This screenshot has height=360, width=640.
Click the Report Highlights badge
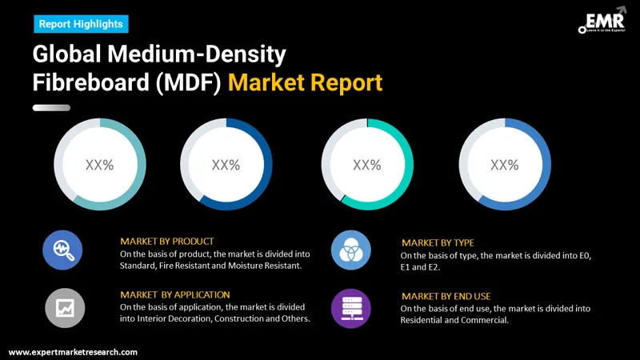click(81, 24)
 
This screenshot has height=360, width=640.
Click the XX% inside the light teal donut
click(100, 166)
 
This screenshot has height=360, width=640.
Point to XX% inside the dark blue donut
click(226, 166)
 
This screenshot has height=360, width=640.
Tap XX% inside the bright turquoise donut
click(366, 166)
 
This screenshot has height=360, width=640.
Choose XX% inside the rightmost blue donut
click(504, 166)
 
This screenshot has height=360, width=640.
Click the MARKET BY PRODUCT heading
click(166, 241)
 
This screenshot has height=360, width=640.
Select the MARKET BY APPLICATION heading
click(174, 294)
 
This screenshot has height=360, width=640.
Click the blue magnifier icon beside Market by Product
click(62, 250)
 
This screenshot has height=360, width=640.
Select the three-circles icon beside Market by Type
click(350, 250)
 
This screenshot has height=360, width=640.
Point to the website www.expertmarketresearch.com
click(73, 352)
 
